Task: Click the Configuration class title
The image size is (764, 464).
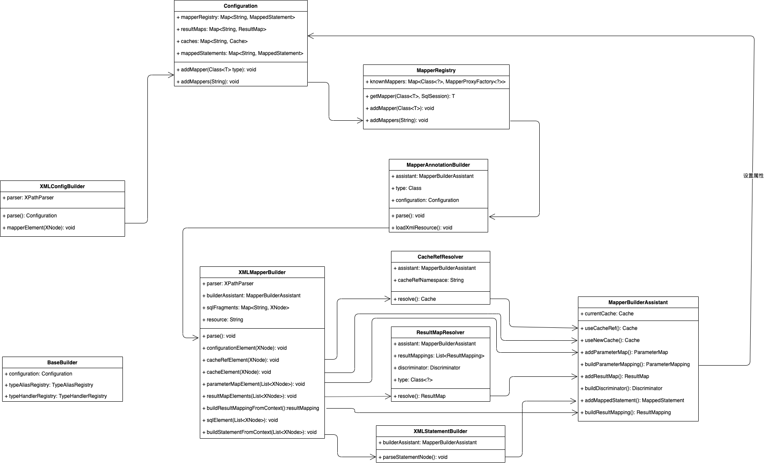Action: tap(241, 6)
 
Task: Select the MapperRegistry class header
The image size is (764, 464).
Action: tap(436, 70)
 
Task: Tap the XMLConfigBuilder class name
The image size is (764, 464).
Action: tap(62, 186)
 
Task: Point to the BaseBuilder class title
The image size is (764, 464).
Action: tap(62, 363)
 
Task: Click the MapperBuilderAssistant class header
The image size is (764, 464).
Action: tap(638, 302)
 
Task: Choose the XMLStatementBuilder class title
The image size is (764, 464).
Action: tap(440, 431)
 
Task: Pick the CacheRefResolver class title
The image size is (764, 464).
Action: tap(440, 257)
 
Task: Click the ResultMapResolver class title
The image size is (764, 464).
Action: tap(440, 333)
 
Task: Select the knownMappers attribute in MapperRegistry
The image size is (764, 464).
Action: tap(435, 82)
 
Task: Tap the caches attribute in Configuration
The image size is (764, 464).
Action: tap(212, 41)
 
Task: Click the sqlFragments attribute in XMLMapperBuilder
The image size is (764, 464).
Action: tap(245, 308)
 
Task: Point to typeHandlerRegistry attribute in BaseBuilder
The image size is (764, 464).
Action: tap(55, 396)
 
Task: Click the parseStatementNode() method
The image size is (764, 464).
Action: tap(413, 457)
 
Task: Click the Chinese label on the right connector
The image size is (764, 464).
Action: tap(753, 176)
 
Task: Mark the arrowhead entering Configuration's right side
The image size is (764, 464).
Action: tap(311, 36)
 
